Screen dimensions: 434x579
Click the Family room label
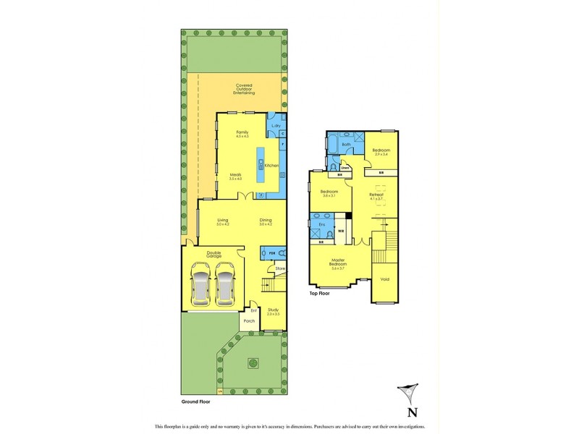[x=242, y=132]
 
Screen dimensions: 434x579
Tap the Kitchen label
[x=271, y=166]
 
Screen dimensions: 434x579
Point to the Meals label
[x=235, y=175]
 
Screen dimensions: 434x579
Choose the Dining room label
[x=266, y=221]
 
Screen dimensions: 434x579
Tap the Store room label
[x=280, y=269]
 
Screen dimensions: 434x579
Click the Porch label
[x=249, y=321]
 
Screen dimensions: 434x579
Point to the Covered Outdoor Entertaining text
[x=244, y=89]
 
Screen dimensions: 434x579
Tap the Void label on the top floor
[x=384, y=278]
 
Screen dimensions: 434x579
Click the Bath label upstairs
[x=347, y=145]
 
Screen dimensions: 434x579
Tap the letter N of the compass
[x=412, y=413]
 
